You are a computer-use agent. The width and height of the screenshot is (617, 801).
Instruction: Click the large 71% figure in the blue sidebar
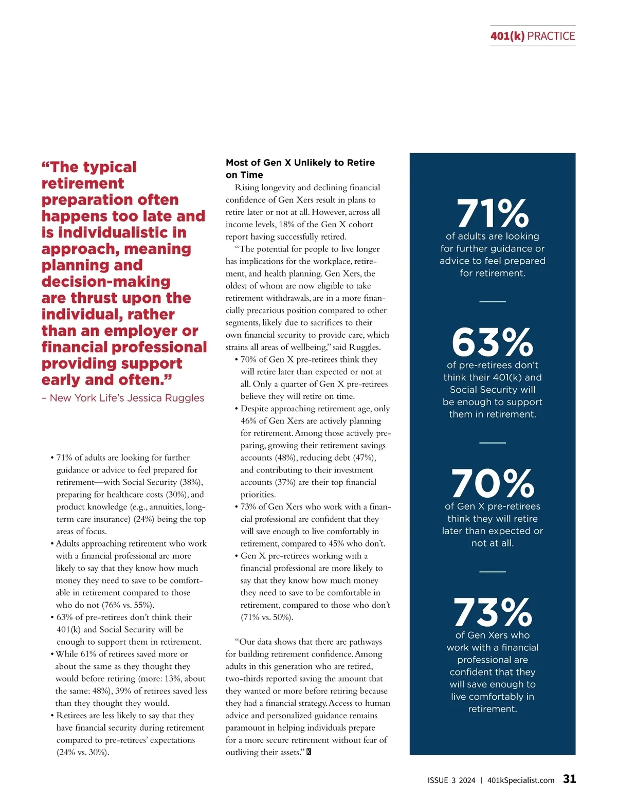pos(492,213)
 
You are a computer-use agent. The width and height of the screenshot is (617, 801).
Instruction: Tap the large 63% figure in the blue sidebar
pos(492,342)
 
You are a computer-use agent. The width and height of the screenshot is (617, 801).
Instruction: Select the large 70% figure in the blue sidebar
pos(492,484)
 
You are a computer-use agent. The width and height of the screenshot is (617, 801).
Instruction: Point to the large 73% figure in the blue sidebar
pos(492,612)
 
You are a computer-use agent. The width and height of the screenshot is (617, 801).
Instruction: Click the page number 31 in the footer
pos(569,779)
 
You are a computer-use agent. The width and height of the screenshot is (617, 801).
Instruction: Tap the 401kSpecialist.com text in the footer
pos(520,780)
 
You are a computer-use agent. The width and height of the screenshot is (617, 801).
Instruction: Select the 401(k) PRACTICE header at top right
pos(533,36)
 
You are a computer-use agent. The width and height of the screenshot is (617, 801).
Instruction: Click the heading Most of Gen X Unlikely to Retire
pos(300,163)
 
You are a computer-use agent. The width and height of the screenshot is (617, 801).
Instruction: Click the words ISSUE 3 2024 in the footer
pos(451,780)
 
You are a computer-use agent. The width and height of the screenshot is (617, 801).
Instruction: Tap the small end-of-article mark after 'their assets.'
pos(308,752)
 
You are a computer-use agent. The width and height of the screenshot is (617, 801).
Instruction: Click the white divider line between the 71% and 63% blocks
pos(493,301)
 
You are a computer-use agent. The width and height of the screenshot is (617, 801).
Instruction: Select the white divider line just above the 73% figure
pos(493,571)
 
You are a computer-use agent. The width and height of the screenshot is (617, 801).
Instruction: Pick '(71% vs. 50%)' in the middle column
pos(267,617)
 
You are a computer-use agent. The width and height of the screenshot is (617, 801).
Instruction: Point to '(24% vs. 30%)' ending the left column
pos(82,753)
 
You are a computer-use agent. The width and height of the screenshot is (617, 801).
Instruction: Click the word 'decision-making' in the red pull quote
pos(106,282)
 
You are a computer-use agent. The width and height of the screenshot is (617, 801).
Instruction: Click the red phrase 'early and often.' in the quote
pos(106,380)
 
